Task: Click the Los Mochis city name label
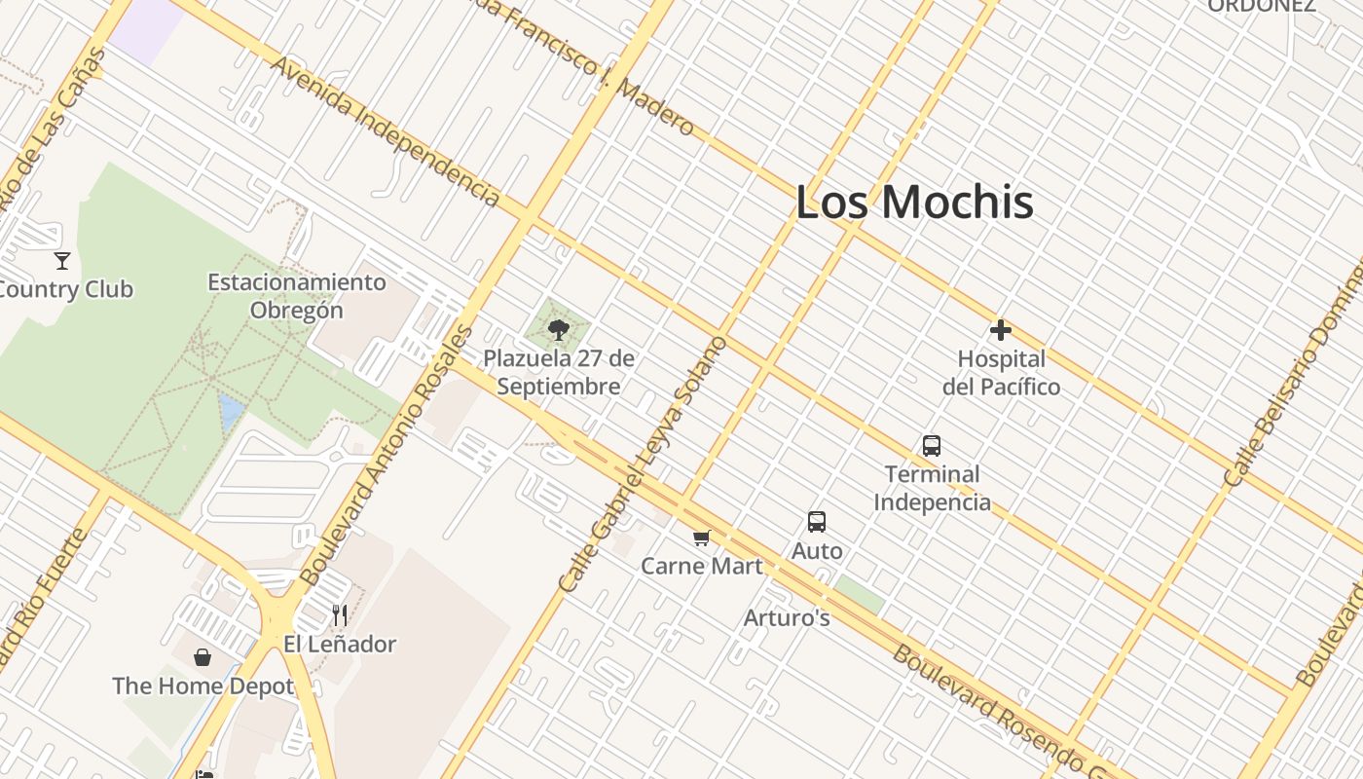tap(914, 203)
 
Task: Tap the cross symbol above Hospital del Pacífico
tap(1000, 330)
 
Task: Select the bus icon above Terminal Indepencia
tap(931, 446)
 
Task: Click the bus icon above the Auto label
tap(816, 522)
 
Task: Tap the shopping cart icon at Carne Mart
tap(701, 538)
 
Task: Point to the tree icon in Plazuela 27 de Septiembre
tap(558, 330)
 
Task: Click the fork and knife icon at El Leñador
tap(339, 614)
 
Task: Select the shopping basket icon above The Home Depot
tap(203, 657)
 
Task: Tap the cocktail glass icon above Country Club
tap(62, 260)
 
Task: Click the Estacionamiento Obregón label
tap(297, 296)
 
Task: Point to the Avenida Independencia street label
tap(386, 130)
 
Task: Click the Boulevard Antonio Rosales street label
tap(388, 455)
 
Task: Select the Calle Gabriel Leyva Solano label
tap(643, 464)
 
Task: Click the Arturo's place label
tap(787, 617)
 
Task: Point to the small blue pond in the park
tap(231, 412)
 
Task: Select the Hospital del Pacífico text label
tap(1001, 372)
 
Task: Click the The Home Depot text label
tap(203, 686)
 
